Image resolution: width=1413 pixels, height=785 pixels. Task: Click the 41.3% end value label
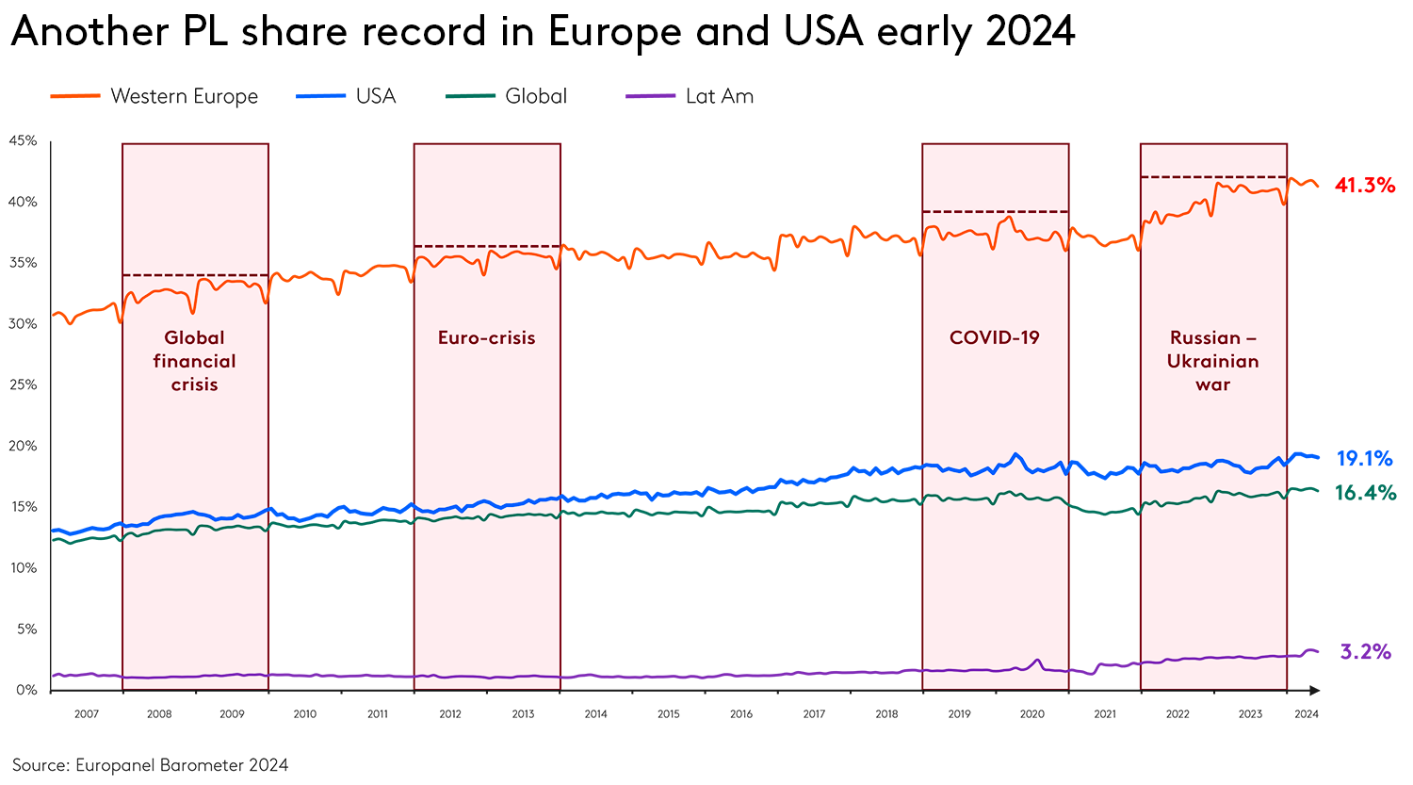tap(1364, 185)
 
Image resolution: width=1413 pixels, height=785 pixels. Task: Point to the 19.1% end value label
tap(1364, 459)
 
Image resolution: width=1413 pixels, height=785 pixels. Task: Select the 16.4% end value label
tap(1365, 492)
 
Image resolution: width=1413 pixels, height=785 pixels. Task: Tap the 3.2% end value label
tap(1365, 651)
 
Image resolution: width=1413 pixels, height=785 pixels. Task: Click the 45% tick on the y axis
tap(23, 140)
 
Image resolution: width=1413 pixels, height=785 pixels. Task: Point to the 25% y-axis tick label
tap(23, 384)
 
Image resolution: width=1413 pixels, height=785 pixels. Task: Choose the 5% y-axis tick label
tap(25, 629)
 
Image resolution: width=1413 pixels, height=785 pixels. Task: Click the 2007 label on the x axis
tap(86, 713)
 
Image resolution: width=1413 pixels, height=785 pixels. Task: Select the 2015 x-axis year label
tap(668, 713)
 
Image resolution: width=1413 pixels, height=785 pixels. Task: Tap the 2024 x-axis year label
tap(1306, 713)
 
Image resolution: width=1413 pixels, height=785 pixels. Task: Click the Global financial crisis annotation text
tap(195, 361)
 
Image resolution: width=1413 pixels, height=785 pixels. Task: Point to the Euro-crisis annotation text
tap(486, 337)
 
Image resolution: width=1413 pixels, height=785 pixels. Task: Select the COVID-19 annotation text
tap(994, 337)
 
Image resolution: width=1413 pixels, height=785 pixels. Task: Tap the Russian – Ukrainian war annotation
tap(1212, 361)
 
